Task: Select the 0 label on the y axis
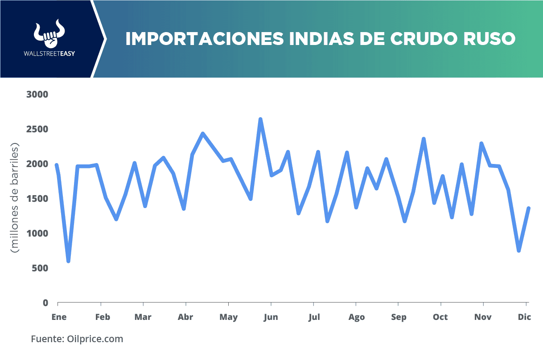[45, 303]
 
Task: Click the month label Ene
[59, 317]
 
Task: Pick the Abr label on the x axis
[185, 317]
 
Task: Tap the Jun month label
[271, 317]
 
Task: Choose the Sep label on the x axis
[399, 317]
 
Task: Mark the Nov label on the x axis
[483, 317]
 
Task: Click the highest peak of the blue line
[260, 119]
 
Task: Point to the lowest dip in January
[68, 261]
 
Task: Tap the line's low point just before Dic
[519, 251]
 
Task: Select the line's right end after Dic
[529, 208]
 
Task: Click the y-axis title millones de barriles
[16, 198]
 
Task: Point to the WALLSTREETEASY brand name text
[49, 54]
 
